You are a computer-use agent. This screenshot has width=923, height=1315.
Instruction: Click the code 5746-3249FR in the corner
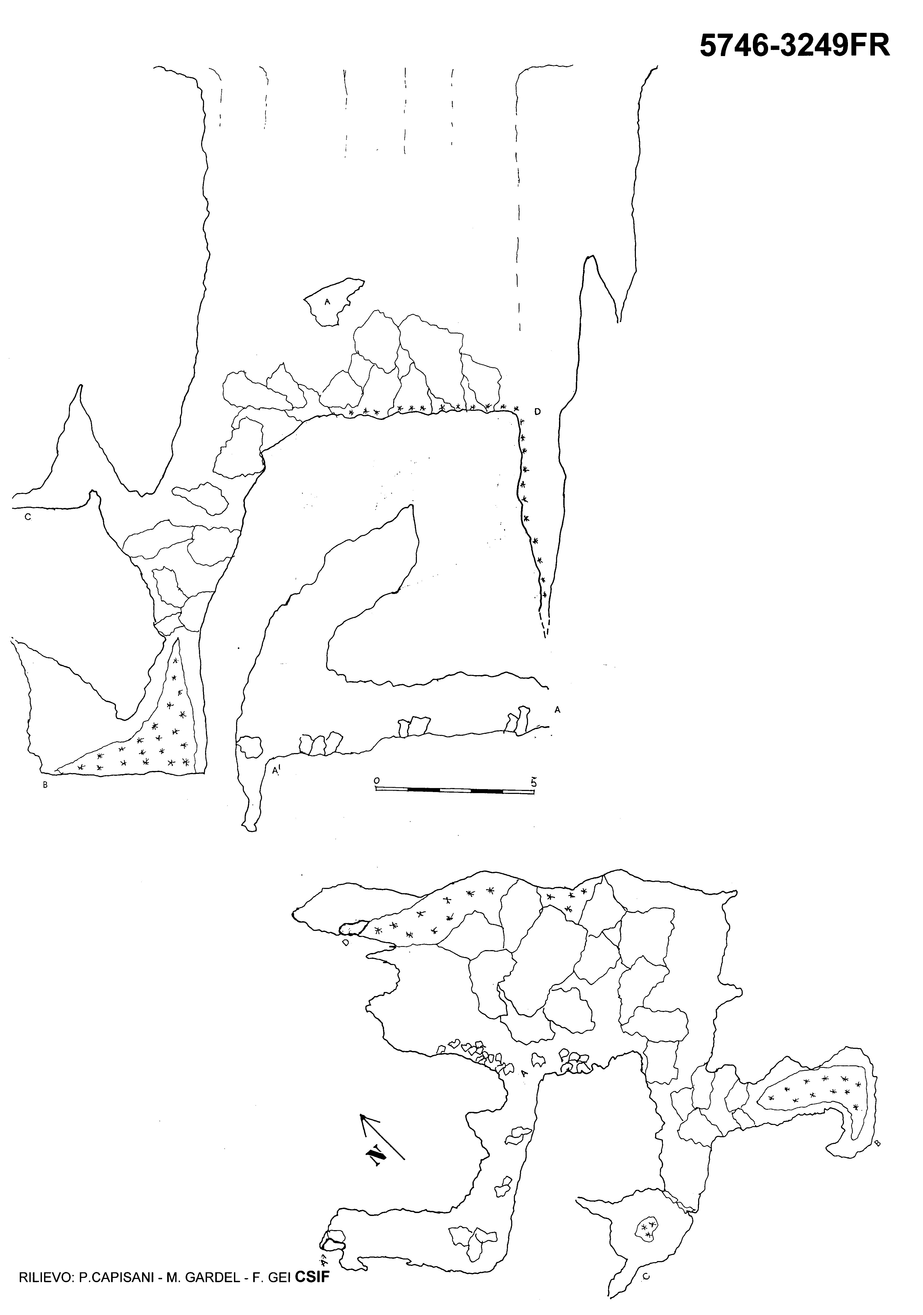pyautogui.click(x=795, y=46)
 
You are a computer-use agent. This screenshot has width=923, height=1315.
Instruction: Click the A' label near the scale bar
pyautogui.click(x=276, y=771)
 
